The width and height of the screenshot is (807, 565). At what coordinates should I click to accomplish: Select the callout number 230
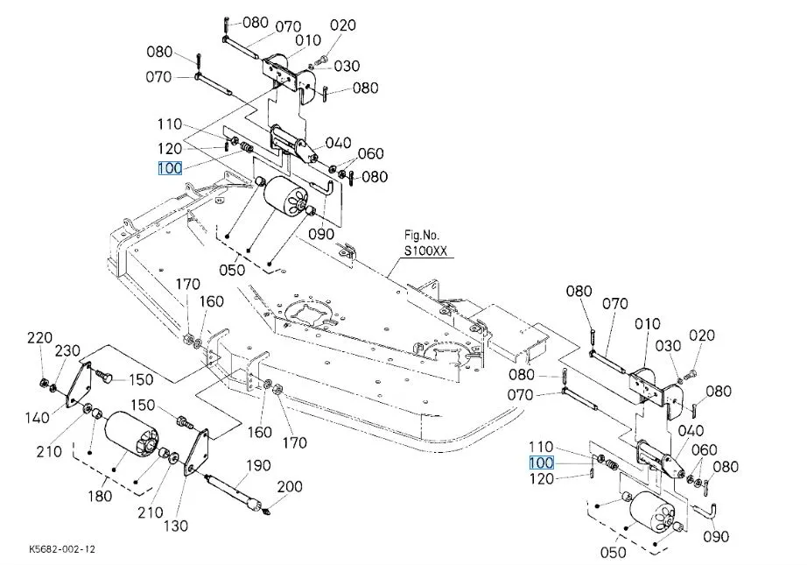67,350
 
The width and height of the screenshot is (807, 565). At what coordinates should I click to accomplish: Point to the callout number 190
259,464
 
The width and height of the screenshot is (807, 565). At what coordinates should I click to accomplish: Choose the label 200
290,487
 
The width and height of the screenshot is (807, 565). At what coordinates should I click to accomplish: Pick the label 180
101,497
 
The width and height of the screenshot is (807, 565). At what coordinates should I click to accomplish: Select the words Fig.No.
422,235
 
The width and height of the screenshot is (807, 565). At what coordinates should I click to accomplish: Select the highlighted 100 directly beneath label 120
170,168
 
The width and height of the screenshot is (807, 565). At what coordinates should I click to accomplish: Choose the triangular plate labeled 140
77,384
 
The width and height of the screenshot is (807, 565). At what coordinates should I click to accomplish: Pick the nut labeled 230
54,387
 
